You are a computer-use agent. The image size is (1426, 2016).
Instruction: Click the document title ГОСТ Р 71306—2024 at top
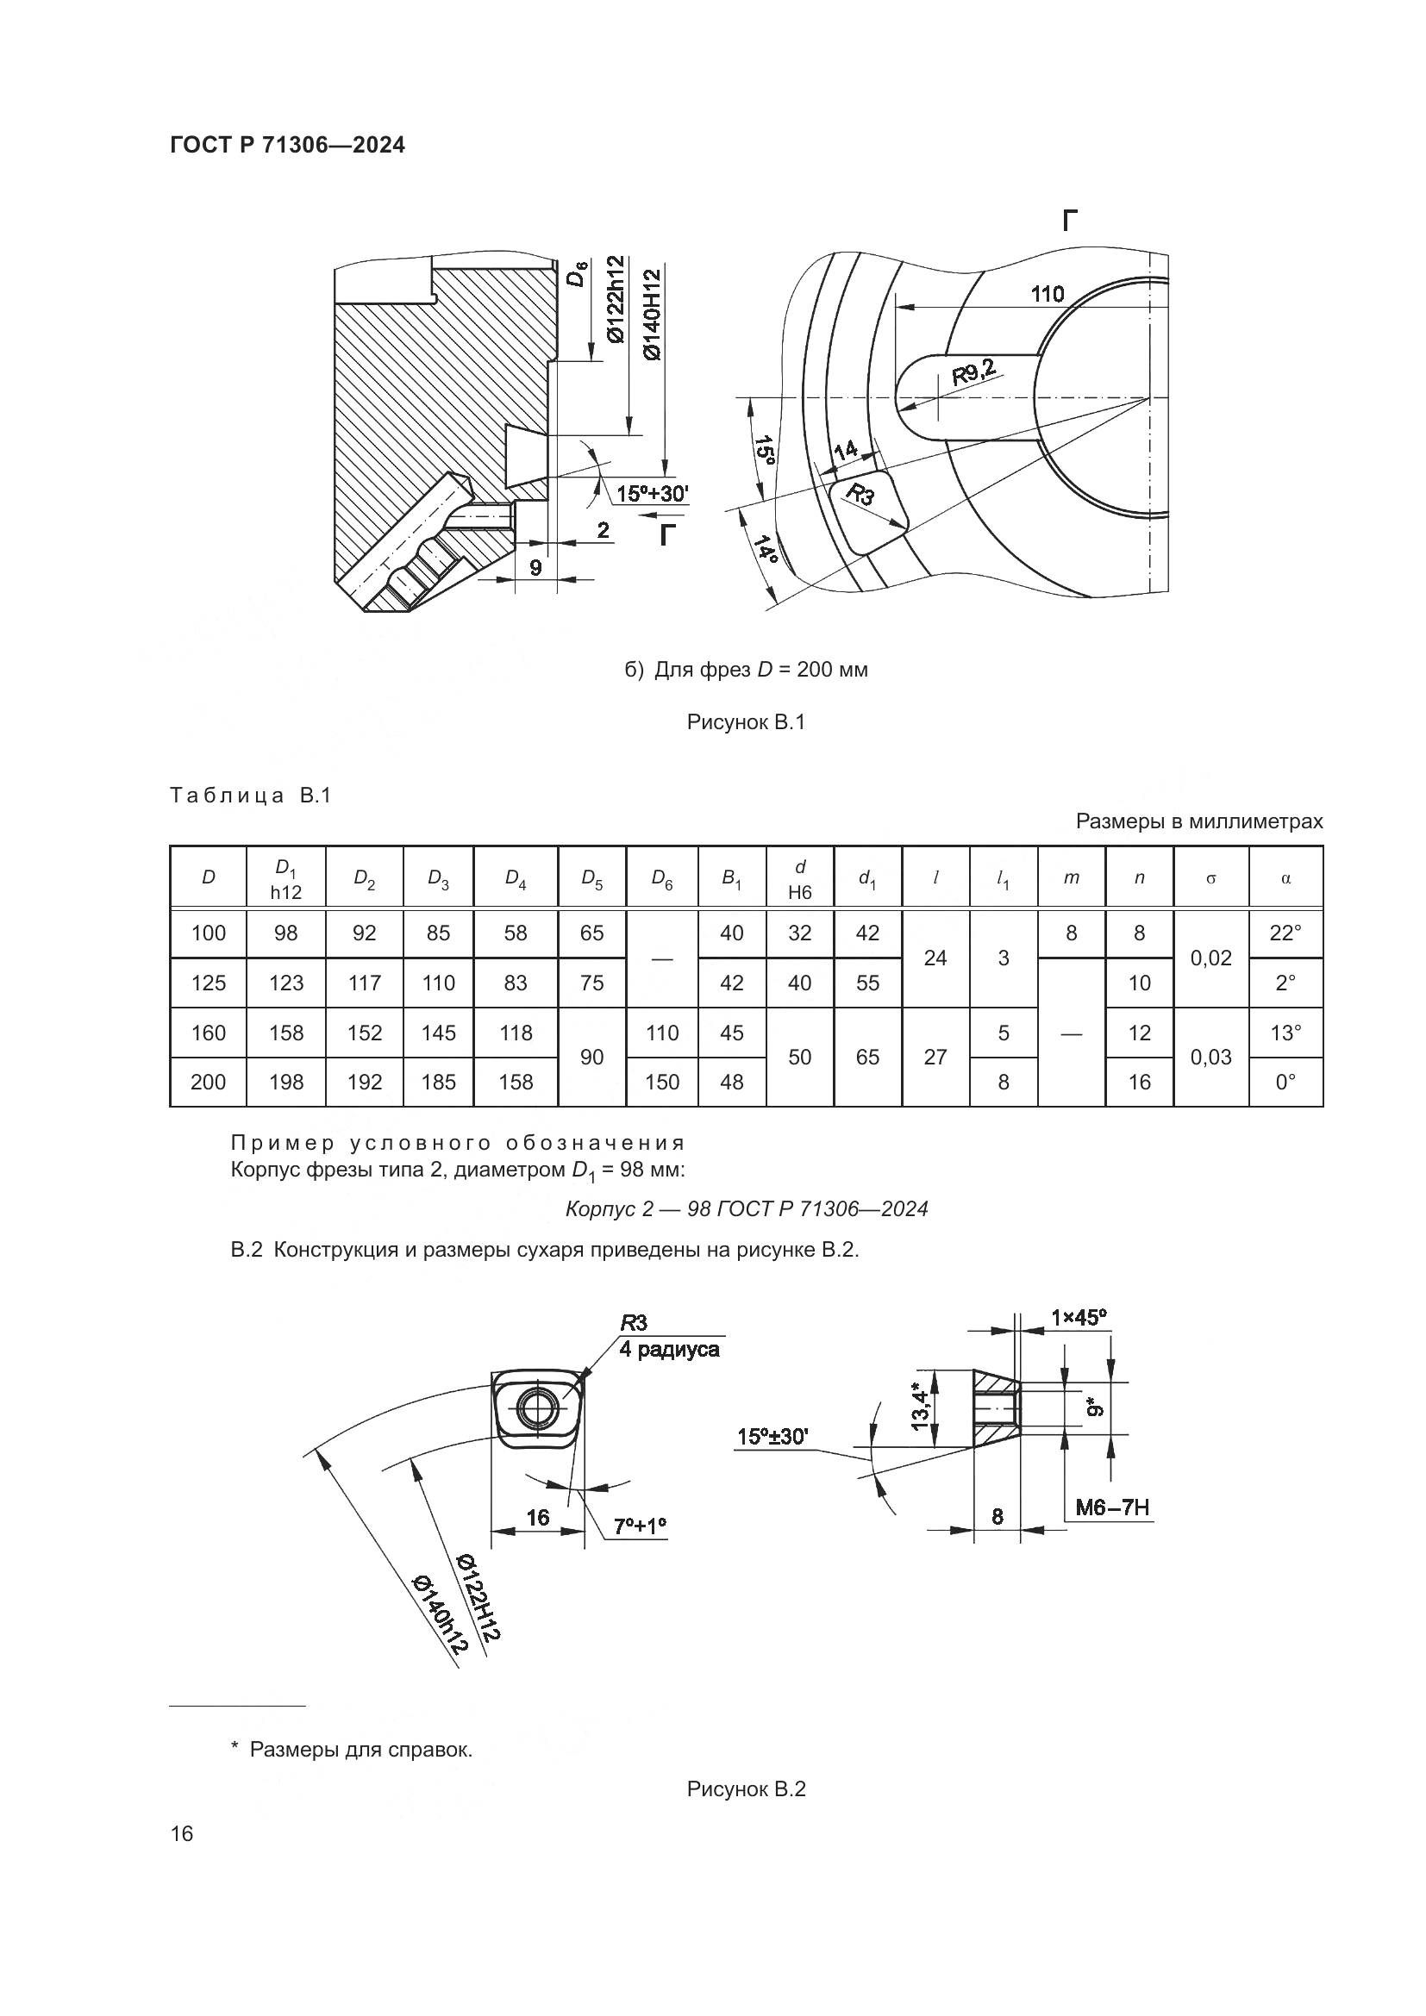(288, 145)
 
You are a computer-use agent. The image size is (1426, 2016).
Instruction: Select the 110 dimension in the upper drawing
(1047, 293)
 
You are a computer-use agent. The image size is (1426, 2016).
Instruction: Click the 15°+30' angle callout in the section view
(653, 494)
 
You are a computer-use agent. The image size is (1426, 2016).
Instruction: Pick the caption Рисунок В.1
(747, 722)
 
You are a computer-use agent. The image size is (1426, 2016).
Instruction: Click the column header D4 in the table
(516, 878)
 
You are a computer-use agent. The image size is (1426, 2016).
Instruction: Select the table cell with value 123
(286, 983)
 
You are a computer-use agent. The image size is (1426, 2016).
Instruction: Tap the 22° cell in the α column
(1285, 933)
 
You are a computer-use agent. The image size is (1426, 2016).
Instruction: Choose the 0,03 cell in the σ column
(1210, 1058)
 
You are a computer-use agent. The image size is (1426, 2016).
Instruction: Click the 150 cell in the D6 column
(662, 1082)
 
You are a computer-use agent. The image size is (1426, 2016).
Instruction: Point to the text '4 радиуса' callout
(669, 1350)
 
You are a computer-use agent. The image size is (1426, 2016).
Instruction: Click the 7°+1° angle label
(640, 1526)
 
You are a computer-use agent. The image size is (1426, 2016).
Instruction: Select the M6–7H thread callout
(1112, 1508)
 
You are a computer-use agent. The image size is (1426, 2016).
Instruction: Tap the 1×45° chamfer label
(1079, 1317)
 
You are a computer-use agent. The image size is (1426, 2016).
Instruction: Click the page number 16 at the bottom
(182, 1833)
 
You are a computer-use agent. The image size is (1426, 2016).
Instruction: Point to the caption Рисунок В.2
(747, 1788)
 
